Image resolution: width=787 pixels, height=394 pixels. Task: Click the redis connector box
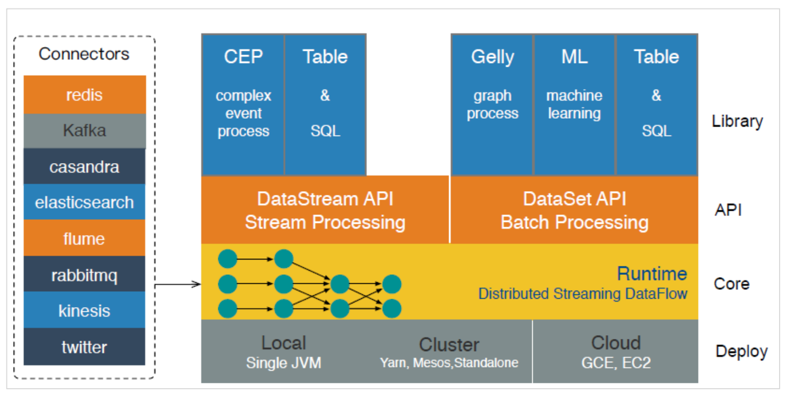85,94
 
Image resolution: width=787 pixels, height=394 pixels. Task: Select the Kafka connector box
85,131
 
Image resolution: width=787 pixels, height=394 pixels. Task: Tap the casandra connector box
85,166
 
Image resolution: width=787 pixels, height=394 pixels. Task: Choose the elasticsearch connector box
85,202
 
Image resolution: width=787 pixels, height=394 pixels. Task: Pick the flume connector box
85,238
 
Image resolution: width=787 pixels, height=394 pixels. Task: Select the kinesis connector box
85,310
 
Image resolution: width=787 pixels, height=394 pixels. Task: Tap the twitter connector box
85,347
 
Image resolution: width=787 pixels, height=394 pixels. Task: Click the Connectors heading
84,54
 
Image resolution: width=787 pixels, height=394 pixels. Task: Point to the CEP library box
243,105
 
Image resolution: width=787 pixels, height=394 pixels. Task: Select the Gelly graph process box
492,105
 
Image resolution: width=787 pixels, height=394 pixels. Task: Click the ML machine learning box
575,105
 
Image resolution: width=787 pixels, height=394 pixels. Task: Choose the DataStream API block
325,210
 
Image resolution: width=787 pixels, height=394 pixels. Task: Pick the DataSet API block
574,210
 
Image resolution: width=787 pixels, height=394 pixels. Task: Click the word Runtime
652,274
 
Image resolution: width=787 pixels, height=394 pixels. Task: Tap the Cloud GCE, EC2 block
615,351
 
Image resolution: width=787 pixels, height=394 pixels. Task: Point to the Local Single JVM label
283,352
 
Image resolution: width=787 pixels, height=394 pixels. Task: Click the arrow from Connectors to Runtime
178,284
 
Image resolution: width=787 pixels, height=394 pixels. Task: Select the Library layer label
737,121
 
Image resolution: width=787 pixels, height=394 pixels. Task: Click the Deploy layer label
741,352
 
